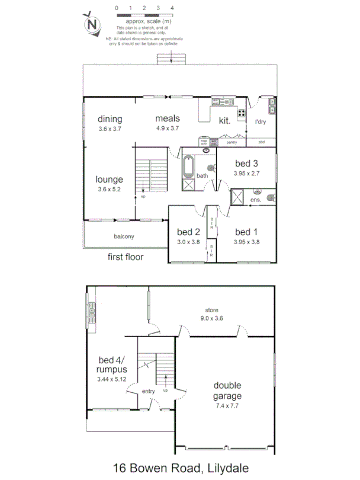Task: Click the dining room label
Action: coord(110,119)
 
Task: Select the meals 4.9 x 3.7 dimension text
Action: coord(168,128)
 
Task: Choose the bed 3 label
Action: coord(247,164)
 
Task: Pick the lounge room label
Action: coord(110,179)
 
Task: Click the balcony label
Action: coord(124,236)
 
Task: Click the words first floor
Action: coord(126,257)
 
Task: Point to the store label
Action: coord(212,309)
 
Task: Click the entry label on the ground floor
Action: coord(149,391)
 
